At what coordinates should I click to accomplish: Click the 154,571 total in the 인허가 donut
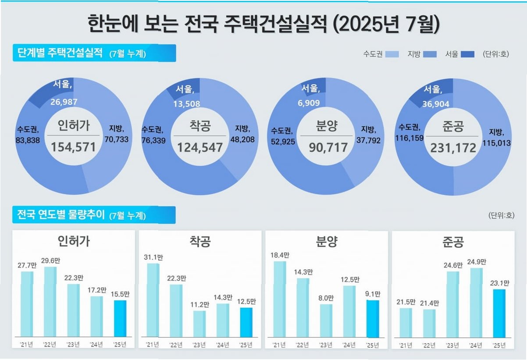point(73,147)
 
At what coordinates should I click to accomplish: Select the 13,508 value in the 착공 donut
point(187,104)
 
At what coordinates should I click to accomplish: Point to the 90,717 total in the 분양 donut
point(328,147)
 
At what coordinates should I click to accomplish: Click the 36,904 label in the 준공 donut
point(436,104)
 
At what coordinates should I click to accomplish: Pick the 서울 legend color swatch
point(467,54)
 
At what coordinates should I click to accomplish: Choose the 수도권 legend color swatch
point(392,54)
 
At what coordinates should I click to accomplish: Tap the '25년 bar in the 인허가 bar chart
point(120,319)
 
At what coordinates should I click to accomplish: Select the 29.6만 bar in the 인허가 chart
point(50,302)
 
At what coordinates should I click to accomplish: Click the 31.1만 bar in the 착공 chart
point(153,300)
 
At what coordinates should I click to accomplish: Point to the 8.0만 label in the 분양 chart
point(326,298)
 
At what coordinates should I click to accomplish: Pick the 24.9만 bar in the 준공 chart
point(477,303)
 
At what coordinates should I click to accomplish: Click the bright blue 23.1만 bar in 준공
point(499,314)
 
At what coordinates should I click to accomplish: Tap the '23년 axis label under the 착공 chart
point(199,345)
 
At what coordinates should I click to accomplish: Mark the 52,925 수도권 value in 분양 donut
point(283,142)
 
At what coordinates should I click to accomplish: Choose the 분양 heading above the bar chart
point(327,242)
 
